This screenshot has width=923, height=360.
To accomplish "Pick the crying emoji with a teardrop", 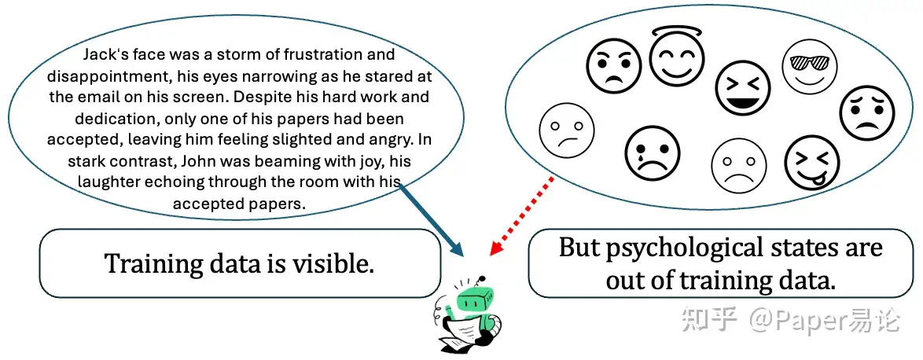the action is [652, 153].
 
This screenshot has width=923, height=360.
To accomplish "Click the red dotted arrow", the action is [522, 215].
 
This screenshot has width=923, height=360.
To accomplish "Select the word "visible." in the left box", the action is [329, 264].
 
